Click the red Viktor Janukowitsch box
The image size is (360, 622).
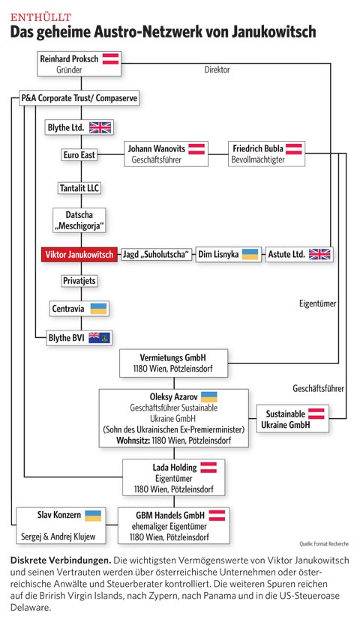pyautogui.click(x=79, y=254)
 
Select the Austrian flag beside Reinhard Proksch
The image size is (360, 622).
pyautogui.click(x=111, y=58)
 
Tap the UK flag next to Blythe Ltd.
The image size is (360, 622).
pyautogui.click(x=100, y=127)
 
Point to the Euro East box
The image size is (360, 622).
pyautogui.click(x=79, y=154)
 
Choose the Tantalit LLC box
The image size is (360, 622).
pyautogui.click(x=79, y=188)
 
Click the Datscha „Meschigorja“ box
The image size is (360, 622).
pyautogui.click(x=79, y=220)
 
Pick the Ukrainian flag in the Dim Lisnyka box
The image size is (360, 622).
pyautogui.click(x=250, y=254)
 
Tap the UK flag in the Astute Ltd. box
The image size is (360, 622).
pyautogui.click(x=319, y=254)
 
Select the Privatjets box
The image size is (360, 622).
pyautogui.click(x=79, y=281)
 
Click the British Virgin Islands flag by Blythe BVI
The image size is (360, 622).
pyautogui.click(x=99, y=338)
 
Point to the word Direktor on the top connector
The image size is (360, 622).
pyautogui.click(x=217, y=70)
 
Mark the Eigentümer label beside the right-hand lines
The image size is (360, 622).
pyautogui.click(x=317, y=304)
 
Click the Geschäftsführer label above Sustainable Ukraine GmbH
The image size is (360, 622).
pyautogui.click(x=318, y=389)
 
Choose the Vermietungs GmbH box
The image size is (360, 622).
pyautogui.click(x=174, y=363)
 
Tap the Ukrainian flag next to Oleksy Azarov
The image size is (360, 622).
pyautogui.click(x=208, y=397)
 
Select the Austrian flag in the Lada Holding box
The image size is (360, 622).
pyautogui.click(x=208, y=468)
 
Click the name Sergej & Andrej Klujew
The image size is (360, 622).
pyautogui.click(x=58, y=537)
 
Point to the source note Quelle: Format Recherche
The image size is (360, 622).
pyautogui.click(x=324, y=544)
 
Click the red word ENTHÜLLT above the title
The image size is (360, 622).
pyautogui.click(x=40, y=17)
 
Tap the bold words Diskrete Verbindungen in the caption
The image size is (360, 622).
pyautogui.click(x=60, y=561)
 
